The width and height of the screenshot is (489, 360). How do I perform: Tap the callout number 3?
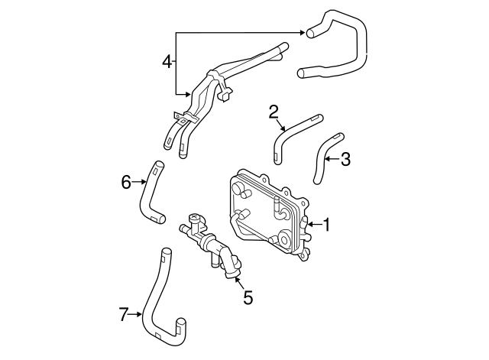345,159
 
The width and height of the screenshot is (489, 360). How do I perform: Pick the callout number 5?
247,297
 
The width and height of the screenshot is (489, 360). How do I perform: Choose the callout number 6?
126,181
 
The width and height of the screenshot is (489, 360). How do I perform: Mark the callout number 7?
124,313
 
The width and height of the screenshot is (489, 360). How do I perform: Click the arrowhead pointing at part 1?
308,224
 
